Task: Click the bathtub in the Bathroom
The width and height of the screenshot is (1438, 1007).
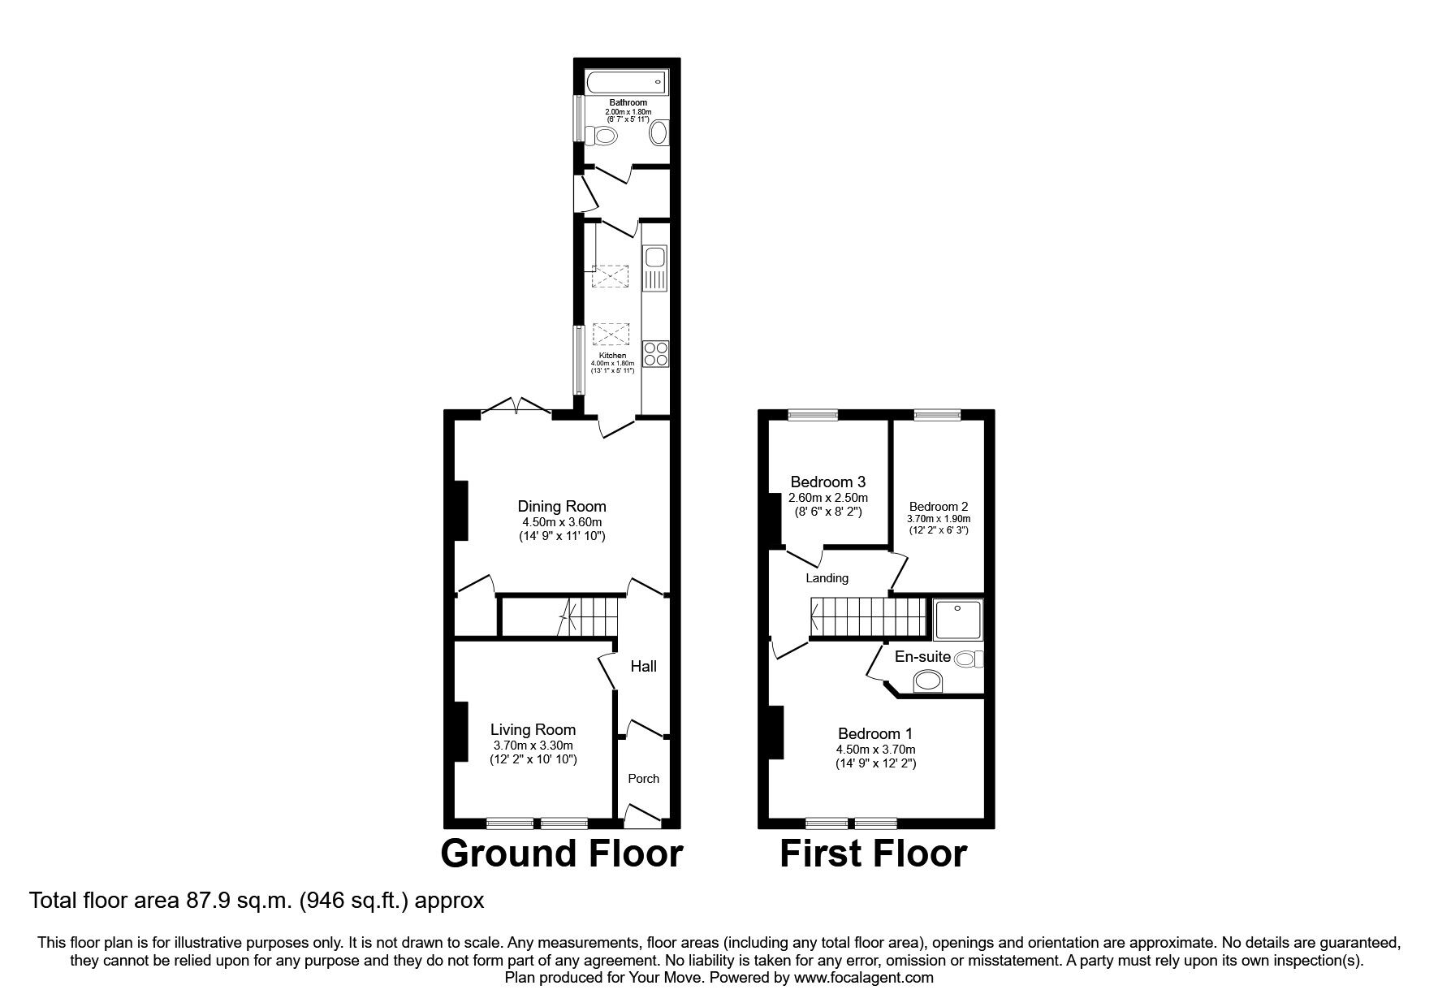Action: [625, 82]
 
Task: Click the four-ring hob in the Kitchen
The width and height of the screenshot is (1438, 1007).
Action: [655, 354]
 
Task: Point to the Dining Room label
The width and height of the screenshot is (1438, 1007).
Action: [562, 507]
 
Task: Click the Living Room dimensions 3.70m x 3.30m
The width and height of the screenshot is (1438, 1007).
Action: [533, 745]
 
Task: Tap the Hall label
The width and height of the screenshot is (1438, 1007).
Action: [644, 666]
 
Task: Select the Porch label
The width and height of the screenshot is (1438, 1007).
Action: [644, 778]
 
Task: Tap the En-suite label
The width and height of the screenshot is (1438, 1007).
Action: [922, 656]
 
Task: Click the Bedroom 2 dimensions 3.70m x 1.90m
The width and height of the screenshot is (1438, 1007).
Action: [939, 518]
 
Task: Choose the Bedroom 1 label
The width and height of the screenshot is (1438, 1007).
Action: [875, 733]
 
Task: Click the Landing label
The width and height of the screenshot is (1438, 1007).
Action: [827, 578]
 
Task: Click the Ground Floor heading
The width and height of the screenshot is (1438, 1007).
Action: [561, 854]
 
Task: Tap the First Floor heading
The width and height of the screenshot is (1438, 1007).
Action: [873, 854]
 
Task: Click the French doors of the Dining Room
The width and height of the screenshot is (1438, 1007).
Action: [517, 408]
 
